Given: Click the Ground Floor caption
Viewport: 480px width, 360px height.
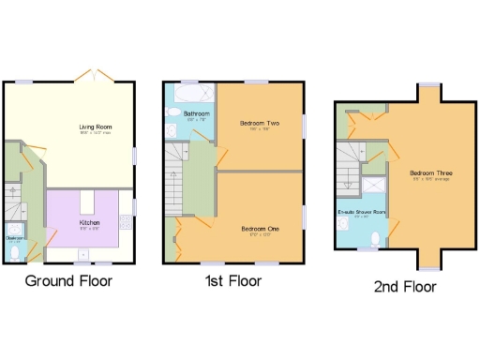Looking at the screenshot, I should [x=69, y=280].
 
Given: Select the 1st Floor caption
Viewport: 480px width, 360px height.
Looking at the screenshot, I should [x=232, y=280].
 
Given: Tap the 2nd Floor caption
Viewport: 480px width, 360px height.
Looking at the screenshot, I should [x=404, y=286].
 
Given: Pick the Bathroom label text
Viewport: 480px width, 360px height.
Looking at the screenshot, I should [x=198, y=115].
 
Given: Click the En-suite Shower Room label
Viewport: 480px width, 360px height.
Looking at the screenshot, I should [x=362, y=213].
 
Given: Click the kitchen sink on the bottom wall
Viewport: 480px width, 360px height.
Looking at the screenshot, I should [x=83, y=253].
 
